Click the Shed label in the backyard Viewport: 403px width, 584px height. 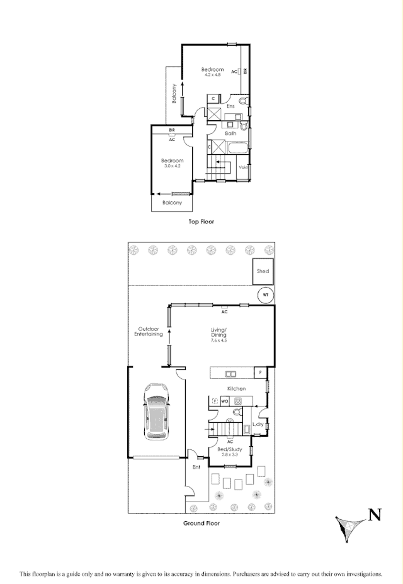coord(263,271)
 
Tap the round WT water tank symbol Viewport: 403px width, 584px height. coord(266,295)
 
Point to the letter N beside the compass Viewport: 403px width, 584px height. coord(375,516)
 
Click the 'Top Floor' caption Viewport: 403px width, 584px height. coord(201,222)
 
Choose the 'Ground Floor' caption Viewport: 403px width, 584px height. coord(201,523)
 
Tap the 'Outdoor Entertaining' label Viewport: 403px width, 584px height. coord(149,332)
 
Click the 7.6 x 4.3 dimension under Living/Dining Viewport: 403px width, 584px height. coord(219,340)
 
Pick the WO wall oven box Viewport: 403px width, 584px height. coord(225,400)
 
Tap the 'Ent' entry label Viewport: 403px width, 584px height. coord(196,468)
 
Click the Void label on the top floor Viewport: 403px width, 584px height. coord(243,167)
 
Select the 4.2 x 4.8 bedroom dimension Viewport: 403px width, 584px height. coord(213,75)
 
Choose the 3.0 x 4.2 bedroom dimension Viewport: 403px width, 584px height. coord(172,166)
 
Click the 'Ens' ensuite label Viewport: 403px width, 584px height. coord(230,106)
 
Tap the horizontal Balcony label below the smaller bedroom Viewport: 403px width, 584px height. coord(172,203)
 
